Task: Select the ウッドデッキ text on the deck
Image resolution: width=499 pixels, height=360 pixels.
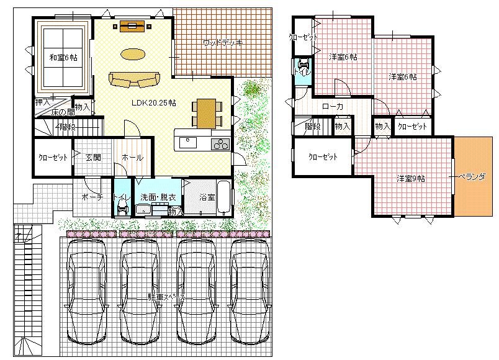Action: [x=222, y=43]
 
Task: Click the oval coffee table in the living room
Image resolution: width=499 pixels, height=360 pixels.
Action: [x=133, y=55]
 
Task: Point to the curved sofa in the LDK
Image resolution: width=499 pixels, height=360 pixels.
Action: [x=133, y=79]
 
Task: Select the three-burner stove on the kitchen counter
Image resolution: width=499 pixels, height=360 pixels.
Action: [x=220, y=145]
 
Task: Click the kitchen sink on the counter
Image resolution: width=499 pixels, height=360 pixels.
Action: [x=188, y=143]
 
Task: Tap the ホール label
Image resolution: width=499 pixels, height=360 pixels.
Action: [x=132, y=158]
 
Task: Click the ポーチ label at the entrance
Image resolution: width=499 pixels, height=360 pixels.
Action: [x=91, y=197]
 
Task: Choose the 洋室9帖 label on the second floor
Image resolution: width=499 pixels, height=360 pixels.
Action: [x=411, y=179]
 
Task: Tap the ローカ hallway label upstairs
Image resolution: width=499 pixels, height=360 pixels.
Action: [x=333, y=106]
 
